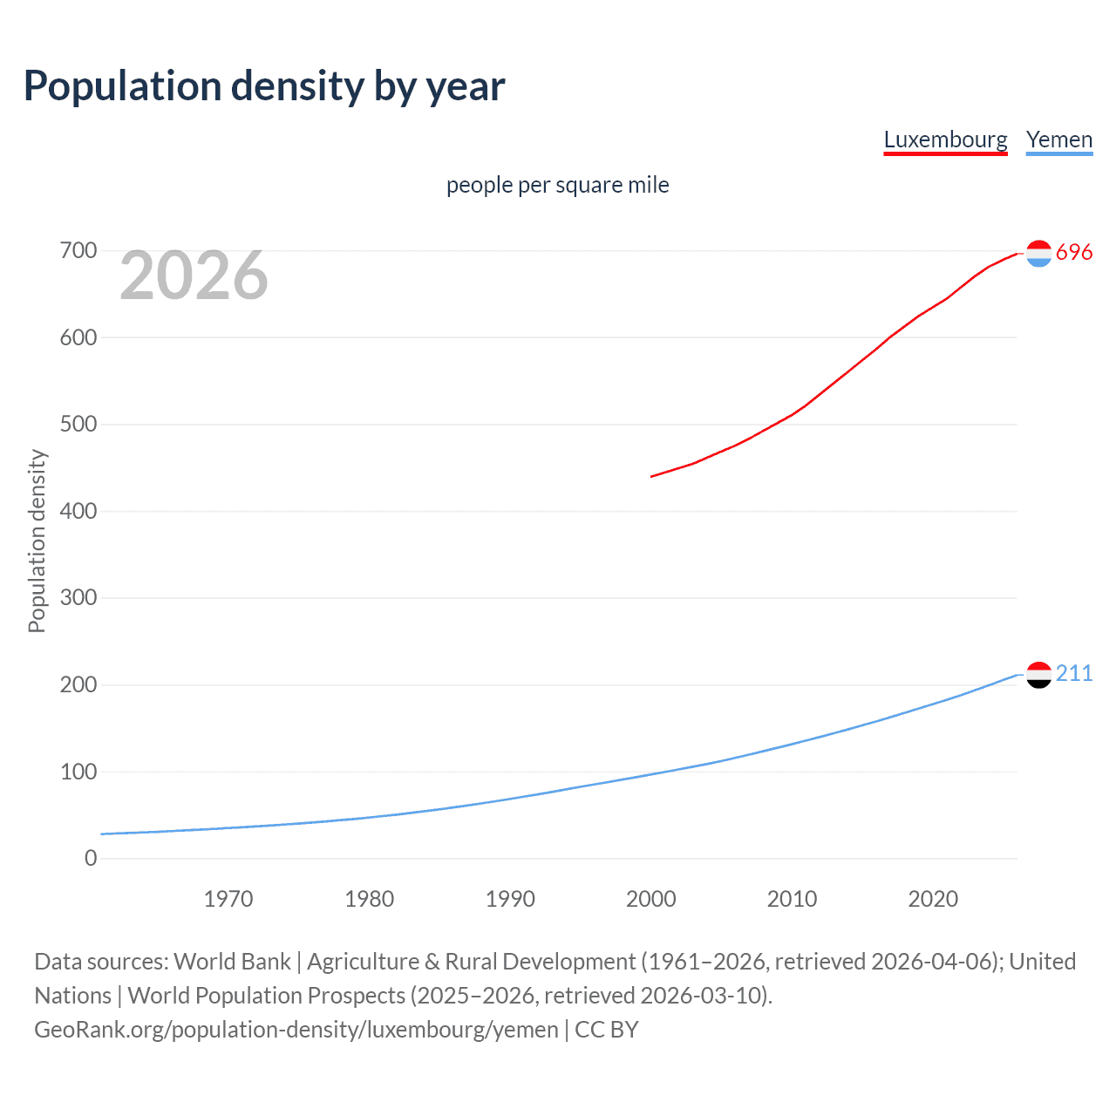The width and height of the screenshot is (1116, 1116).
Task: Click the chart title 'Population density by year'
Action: tap(264, 86)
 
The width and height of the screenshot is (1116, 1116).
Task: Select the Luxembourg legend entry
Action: tap(945, 139)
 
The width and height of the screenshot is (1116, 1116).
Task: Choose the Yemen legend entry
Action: tap(1058, 139)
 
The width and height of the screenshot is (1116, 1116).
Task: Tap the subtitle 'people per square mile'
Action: tap(557, 185)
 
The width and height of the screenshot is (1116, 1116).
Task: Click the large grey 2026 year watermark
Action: tap(194, 276)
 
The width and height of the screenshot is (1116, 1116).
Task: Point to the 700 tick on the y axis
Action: tap(78, 251)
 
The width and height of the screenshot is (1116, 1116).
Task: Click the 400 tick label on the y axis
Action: tap(78, 511)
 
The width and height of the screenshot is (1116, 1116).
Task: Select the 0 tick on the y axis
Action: tap(91, 858)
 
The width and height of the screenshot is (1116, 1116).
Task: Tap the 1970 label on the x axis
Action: tap(228, 899)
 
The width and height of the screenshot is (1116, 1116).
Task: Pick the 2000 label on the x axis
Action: tap(650, 899)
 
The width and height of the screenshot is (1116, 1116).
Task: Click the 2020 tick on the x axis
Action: tap(933, 899)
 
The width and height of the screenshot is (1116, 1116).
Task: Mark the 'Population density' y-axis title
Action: tap(37, 541)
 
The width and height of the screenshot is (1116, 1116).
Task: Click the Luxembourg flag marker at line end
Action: tap(1038, 253)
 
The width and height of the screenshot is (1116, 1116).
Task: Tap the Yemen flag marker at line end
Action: tap(1038, 674)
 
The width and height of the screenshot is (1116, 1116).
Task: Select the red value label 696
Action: tap(1074, 252)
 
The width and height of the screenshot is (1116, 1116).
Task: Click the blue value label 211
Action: tap(1074, 673)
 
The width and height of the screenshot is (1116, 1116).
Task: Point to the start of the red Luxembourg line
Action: tap(652, 476)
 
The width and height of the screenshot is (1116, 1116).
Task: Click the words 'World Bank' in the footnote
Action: tap(232, 961)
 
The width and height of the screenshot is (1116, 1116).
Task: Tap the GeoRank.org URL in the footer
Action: tap(296, 1029)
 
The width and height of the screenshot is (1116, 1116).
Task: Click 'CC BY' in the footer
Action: tap(607, 1029)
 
